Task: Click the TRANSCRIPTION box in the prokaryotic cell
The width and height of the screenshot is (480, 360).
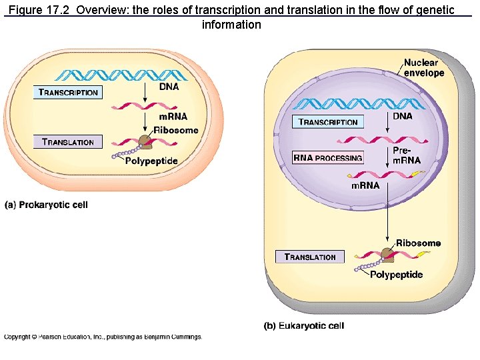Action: coord(68,92)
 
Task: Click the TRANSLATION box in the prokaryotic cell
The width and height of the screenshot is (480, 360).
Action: coord(68,141)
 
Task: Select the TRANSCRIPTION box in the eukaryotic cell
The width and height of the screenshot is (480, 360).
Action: coord(328,121)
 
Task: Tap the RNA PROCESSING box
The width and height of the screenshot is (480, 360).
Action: coord(328,158)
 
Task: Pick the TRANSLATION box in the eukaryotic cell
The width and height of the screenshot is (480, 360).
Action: coord(310,257)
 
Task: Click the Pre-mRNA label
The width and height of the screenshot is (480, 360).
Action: coord(406,156)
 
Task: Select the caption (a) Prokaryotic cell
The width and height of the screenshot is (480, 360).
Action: coord(46,205)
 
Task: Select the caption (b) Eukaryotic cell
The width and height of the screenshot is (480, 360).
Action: coord(304,325)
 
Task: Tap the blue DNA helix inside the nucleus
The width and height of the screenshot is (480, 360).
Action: coord(359,103)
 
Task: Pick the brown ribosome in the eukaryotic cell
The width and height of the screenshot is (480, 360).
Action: coord(387,255)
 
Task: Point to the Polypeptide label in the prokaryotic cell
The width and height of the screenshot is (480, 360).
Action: coord(152,161)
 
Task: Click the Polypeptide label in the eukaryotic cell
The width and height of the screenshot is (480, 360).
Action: coord(396,275)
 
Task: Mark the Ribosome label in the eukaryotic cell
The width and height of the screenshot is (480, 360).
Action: coord(418,243)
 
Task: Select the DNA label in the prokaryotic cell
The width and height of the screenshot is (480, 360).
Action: coord(168,85)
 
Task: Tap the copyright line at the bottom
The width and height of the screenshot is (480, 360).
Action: coord(103,337)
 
